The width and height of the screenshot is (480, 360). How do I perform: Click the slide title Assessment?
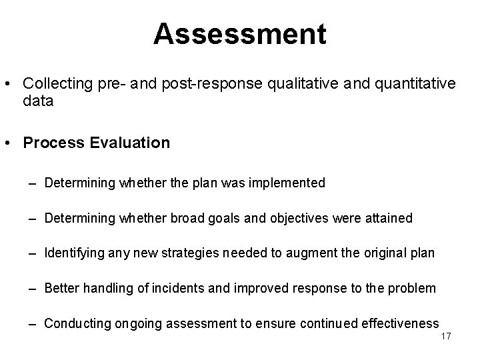click(x=240, y=34)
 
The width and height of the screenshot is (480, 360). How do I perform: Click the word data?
click(x=38, y=101)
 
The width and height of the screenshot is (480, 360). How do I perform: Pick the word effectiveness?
click(x=399, y=323)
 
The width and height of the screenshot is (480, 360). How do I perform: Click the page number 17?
click(x=446, y=336)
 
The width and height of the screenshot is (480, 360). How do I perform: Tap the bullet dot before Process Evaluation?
click(x=11, y=143)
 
